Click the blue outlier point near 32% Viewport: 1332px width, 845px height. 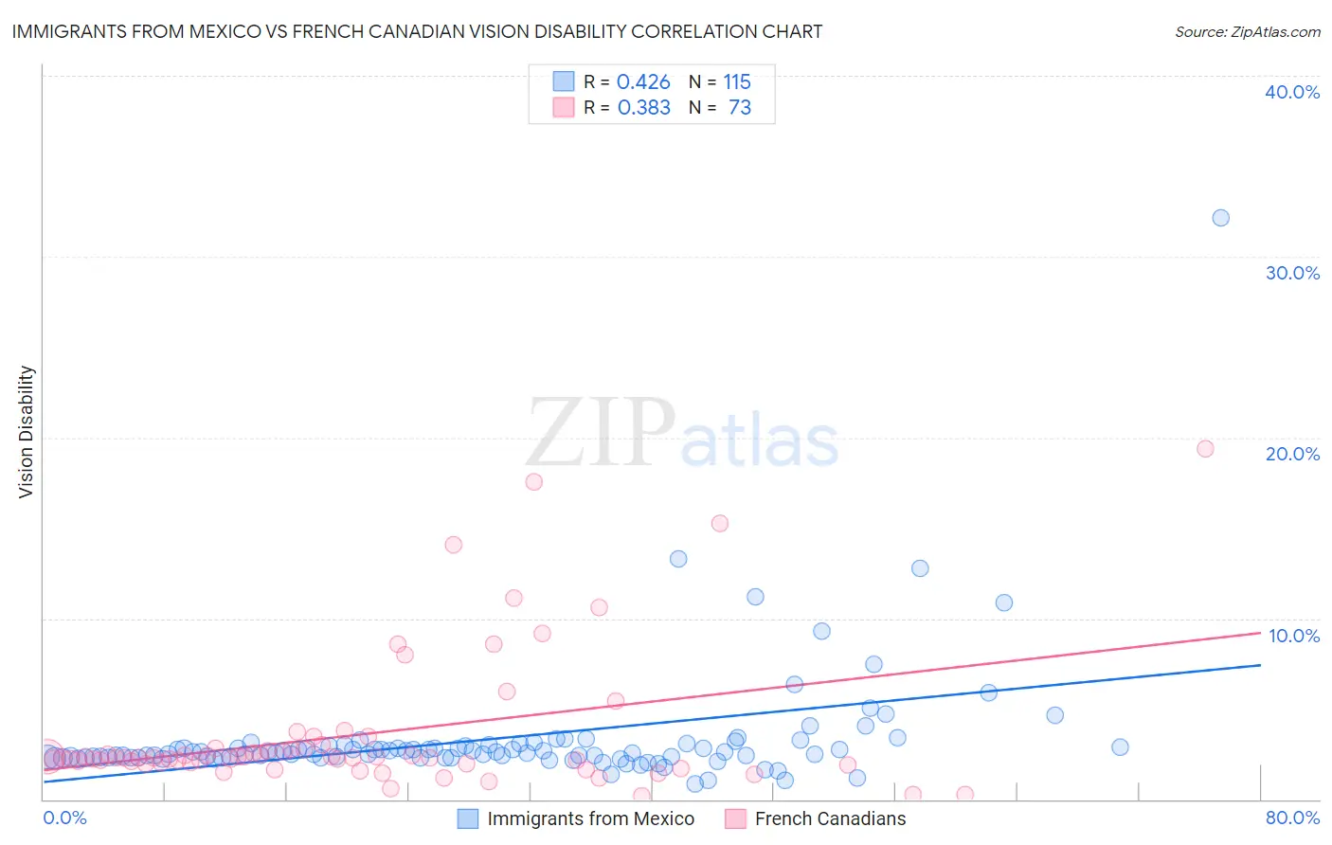(x=1220, y=218)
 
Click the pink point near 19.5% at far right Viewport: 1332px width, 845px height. (x=1205, y=449)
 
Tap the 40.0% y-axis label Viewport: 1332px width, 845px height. (x=1292, y=92)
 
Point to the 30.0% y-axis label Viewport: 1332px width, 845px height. (x=1292, y=273)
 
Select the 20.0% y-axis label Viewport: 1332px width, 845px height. (x=1292, y=454)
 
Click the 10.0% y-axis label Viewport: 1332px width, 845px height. (x=1293, y=636)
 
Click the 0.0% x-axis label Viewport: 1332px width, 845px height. (x=65, y=818)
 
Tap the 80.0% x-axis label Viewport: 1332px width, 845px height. (x=1292, y=818)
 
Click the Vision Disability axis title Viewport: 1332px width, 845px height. (x=27, y=432)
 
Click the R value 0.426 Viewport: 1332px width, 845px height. (x=643, y=82)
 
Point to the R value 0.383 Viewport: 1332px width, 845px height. (x=643, y=108)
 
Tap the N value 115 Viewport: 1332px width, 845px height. (x=736, y=82)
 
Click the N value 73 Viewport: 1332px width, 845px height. (x=739, y=108)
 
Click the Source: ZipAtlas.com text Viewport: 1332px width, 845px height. (x=1247, y=32)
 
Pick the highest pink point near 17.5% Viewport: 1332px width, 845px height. (x=533, y=481)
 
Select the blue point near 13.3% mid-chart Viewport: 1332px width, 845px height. (x=678, y=559)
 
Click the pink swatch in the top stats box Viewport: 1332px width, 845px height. (x=564, y=107)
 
